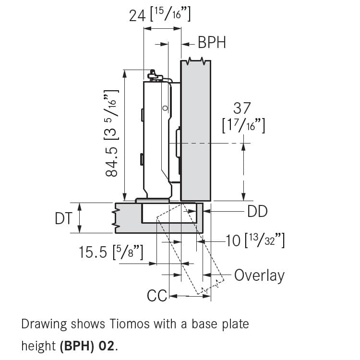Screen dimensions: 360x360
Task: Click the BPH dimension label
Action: coord(212,42)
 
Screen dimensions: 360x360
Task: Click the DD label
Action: coord(257,211)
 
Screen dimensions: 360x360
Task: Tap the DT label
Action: coord(63,218)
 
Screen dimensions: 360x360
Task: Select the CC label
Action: coord(157,296)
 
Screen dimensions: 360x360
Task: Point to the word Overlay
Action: coord(259,276)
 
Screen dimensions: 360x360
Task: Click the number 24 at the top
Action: coord(137,16)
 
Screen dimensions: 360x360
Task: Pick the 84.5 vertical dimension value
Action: coord(111,162)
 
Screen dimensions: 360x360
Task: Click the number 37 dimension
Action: coord(242,108)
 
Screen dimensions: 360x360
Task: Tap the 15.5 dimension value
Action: coord(93,252)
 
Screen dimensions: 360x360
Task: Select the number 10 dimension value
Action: coord(233,240)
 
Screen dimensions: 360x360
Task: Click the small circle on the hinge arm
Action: coord(165,108)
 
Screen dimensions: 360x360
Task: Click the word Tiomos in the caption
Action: coord(130,324)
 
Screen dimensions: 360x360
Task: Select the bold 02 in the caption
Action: coord(106,346)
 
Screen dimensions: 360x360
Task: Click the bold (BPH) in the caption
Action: coord(77,346)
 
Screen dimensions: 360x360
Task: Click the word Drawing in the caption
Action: coord(44,324)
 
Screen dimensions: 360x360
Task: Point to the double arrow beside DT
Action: coord(79,218)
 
